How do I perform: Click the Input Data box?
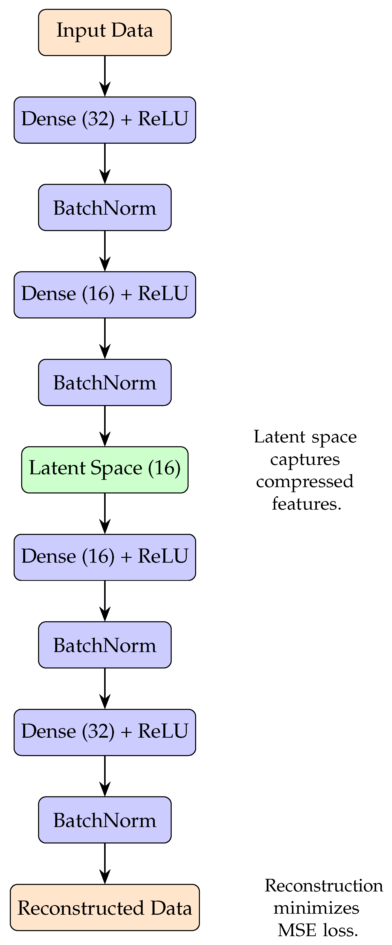105,32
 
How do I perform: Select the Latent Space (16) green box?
105,469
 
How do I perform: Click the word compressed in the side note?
305,482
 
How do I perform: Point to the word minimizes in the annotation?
316,908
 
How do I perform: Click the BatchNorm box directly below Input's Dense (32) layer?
105,207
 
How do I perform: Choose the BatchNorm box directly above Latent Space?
105,382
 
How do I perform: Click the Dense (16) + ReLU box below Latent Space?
105,557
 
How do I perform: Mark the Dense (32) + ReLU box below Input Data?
105,120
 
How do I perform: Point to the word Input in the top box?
81,31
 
